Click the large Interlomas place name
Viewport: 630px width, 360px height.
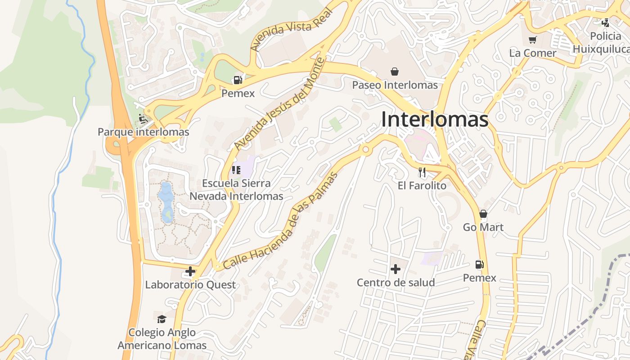tap(435, 120)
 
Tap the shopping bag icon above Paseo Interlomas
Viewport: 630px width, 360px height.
tap(395, 72)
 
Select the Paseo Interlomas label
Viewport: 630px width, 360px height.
tap(395, 85)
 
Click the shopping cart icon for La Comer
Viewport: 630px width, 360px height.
tap(533, 40)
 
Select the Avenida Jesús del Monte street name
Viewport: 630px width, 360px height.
tap(279, 104)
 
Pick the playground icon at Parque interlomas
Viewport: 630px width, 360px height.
tap(143, 119)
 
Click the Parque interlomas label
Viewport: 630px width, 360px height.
tap(144, 132)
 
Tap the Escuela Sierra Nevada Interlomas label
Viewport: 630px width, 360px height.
tap(236, 189)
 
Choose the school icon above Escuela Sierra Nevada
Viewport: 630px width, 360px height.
tap(236, 170)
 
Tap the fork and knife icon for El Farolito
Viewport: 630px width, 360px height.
tap(422, 172)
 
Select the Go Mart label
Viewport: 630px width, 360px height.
tap(483, 227)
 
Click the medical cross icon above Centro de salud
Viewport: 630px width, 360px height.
tap(396, 269)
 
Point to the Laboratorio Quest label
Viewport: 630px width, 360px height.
tap(190, 285)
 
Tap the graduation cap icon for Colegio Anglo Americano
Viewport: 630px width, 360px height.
tap(162, 319)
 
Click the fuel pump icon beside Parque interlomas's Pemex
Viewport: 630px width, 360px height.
tap(238, 80)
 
